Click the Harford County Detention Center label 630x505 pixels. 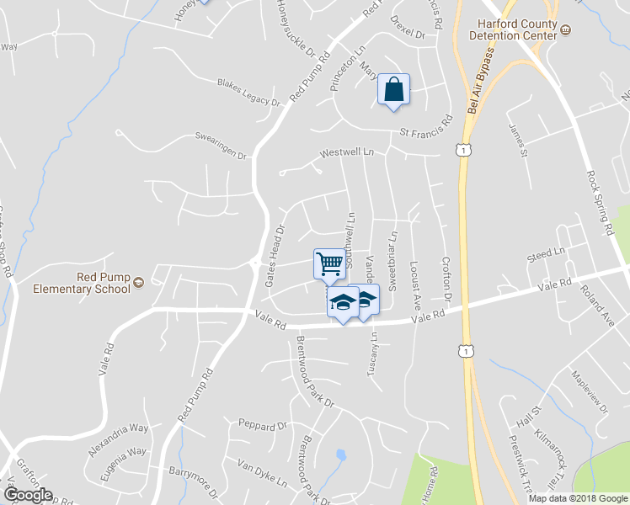click(x=516, y=30)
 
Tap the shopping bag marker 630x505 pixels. click(x=393, y=88)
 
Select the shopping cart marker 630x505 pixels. click(x=329, y=263)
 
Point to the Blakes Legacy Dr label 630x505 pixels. click(x=248, y=93)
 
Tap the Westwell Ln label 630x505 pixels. click(x=346, y=153)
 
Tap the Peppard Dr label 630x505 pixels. click(x=263, y=424)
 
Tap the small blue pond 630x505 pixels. click(x=340, y=455)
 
